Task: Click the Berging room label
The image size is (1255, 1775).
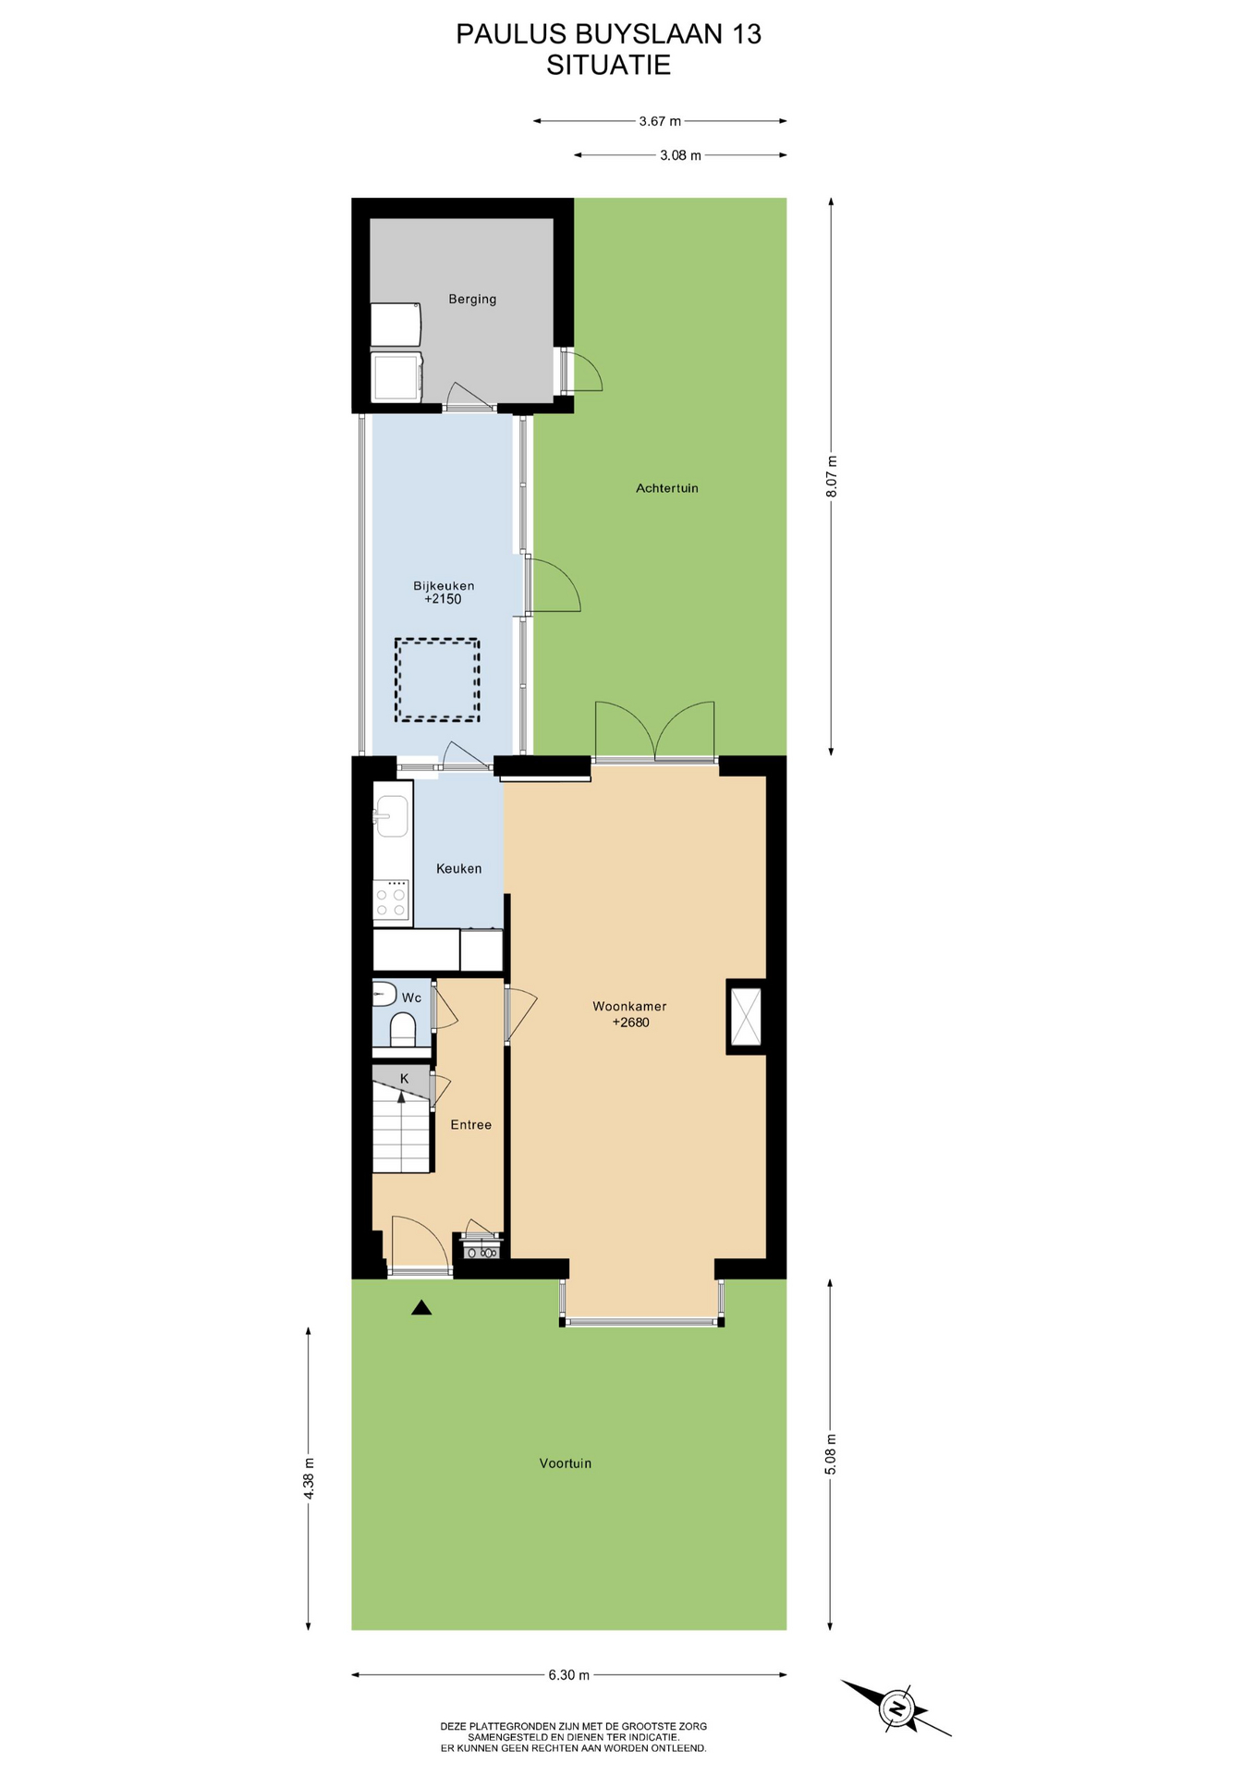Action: pyautogui.click(x=472, y=299)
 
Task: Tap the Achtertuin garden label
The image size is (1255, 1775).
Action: pyautogui.click(x=667, y=488)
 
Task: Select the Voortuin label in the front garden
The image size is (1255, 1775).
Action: pyautogui.click(x=566, y=1463)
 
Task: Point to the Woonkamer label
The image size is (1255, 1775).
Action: pyautogui.click(x=629, y=1007)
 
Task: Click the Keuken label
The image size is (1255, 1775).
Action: pyautogui.click(x=459, y=869)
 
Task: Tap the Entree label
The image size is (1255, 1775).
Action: pyautogui.click(x=471, y=1125)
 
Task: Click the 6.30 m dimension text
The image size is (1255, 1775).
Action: pyautogui.click(x=569, y=1675)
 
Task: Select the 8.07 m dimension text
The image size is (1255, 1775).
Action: pyautogui.click(x=832, y=477)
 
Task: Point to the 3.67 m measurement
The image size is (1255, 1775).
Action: pyautogui.click(x=660, y=121)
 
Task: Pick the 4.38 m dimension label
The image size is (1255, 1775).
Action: pyautogui.click(x=310, y=1478)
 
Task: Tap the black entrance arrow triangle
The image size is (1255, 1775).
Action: pyautogui.click(x=421, y=1307)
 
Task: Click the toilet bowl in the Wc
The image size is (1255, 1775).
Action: pyautogui.click(x=403, y=1029)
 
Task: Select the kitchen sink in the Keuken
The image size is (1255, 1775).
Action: pyautogui.click(x=392, y=816)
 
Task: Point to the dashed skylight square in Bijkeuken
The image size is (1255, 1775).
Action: pyautogui.click(x=437, y=679)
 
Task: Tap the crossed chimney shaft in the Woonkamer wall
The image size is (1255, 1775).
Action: pyautogui.click(x=746, y=1017)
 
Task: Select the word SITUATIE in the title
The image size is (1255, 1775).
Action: pyautogui.click(x=608, y=66)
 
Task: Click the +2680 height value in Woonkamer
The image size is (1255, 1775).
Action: pyautogui.click(x=631, y=1022)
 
